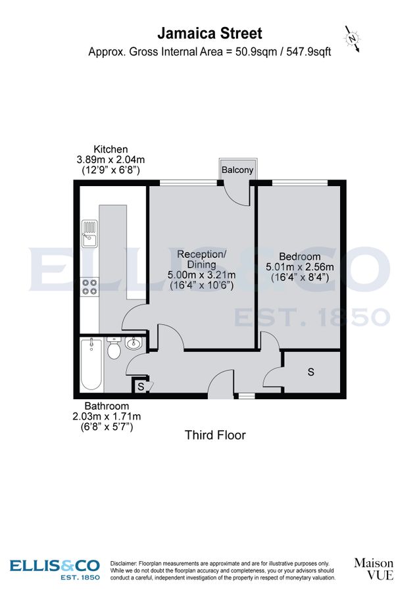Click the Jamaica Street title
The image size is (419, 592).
coord(209,33)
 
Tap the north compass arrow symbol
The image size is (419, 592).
coord(353,39)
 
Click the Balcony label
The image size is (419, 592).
coord(237,170)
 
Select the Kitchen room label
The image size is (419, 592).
coord(111,149)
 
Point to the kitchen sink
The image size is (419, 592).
coord(89,233)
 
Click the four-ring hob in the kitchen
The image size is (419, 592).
coord(89,286)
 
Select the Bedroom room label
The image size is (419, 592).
coord(299,257)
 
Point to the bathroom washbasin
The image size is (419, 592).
coord(134,342)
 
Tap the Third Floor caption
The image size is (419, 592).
coord(215,435)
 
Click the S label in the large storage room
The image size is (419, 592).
coord(310,372)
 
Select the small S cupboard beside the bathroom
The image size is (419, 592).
coord(141,386)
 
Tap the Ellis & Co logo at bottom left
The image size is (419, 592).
coord(55,569)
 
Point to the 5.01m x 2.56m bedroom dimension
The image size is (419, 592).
coord(299,267)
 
